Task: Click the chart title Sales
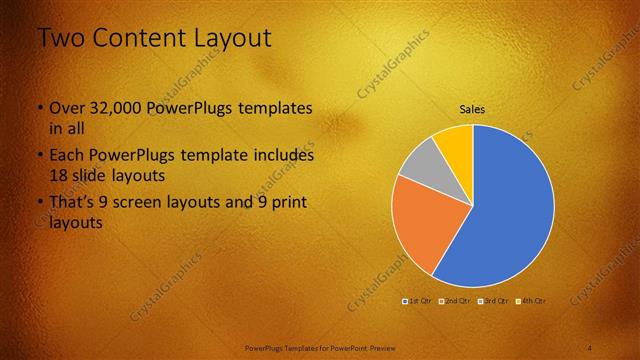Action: point(472,109)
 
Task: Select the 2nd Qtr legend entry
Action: point(456,300)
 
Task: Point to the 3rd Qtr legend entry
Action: point(494,300)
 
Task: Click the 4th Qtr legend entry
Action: point(532,300)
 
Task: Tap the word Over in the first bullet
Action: point(67,108)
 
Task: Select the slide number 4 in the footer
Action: point(589,347)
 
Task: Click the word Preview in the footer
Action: point(377,347)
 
